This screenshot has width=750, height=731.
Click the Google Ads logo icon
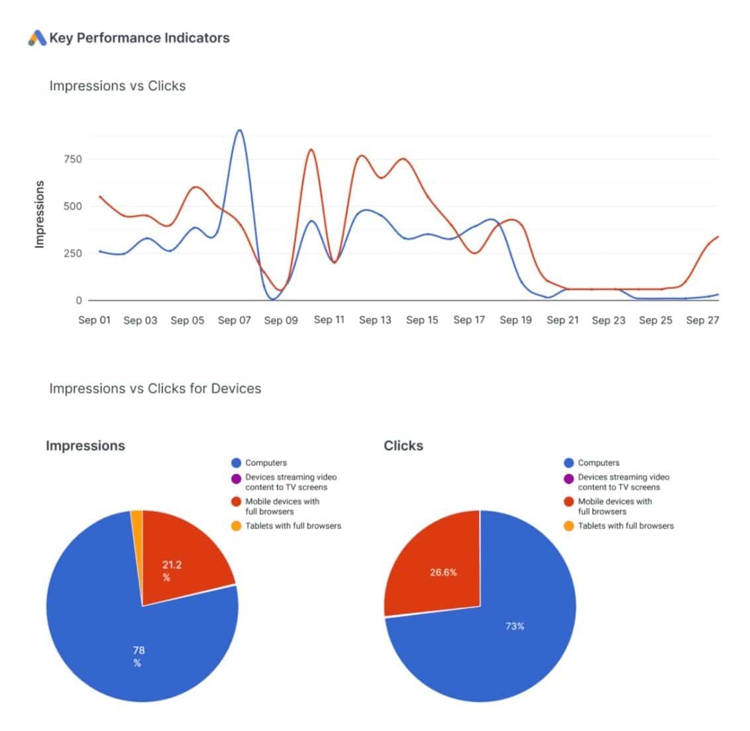37,38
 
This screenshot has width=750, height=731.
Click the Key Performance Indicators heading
139,38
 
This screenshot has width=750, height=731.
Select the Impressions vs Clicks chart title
117,85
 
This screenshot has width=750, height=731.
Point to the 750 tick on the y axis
73,159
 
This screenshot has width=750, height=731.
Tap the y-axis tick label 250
73,253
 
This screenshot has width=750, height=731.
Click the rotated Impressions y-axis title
39,215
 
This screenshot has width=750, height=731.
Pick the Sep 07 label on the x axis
235,320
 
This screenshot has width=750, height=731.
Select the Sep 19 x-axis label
515,320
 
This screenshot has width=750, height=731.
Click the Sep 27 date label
702,320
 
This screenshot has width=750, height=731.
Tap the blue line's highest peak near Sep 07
239,130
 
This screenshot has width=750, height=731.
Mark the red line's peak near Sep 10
311,150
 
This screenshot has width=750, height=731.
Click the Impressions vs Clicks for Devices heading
155,389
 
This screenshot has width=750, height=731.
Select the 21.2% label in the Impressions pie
172,571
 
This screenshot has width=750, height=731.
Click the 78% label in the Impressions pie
138,656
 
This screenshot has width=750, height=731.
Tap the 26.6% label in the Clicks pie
443,572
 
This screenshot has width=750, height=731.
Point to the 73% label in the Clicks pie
515,626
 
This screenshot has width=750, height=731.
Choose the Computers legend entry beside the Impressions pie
266,463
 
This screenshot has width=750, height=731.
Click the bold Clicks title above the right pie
403,446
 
